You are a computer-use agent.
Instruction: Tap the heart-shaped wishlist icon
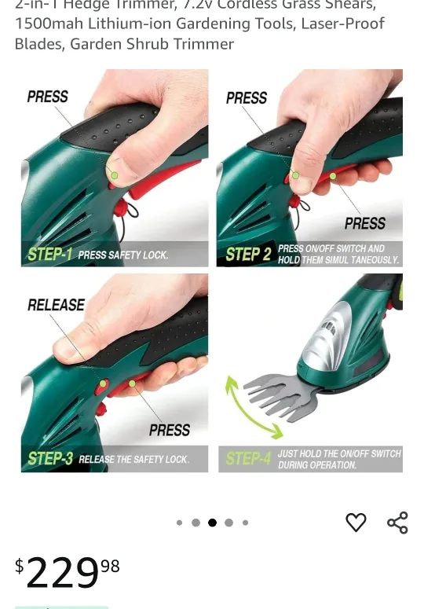coord(356,523)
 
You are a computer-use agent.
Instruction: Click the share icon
coord(397,523)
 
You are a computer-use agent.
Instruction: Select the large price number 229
coord(62,573)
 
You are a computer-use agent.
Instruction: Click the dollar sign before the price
coord(20,566)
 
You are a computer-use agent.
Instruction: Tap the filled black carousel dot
coord(212,523)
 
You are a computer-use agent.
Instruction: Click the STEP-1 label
coord(50,255)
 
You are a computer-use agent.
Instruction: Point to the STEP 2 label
coord(248,254)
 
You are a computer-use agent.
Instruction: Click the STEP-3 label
coord(50,459)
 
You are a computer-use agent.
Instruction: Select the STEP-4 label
coord(248,459)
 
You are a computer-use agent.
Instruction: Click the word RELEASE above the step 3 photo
coord(56,305)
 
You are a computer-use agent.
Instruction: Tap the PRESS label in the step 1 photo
coord(47,97)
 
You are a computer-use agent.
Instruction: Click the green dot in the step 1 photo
coord(115,175)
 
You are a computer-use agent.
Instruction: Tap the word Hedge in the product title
coord(86,5)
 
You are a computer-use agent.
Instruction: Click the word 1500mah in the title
coord(45,24)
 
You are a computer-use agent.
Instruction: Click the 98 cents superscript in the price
coord(110,566)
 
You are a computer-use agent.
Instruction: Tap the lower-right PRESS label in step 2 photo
coord(365,223)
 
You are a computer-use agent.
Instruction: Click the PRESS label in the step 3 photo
coord(170,430)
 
